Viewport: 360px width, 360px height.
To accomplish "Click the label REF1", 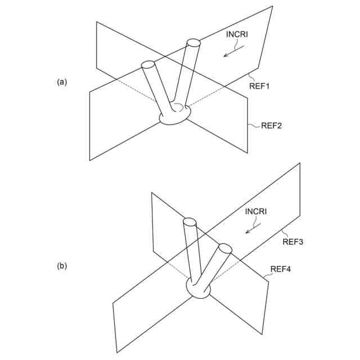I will point(260,86).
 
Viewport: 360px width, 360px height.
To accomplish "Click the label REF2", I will point(271,125).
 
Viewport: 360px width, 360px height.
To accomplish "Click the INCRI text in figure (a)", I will point(237,35).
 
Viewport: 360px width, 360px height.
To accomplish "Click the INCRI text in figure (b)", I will point(256,211).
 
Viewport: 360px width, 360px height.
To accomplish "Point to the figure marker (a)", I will point(62,82).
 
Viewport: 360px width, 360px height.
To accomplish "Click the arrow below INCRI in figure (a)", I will point(233,51).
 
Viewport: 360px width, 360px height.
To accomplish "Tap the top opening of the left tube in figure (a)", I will point(148,65).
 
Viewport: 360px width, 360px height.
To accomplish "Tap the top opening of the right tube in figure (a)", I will point(193,42).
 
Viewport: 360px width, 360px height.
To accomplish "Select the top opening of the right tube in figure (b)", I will point(225,247).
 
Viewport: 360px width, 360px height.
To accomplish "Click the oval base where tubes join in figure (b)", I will point(199,289).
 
